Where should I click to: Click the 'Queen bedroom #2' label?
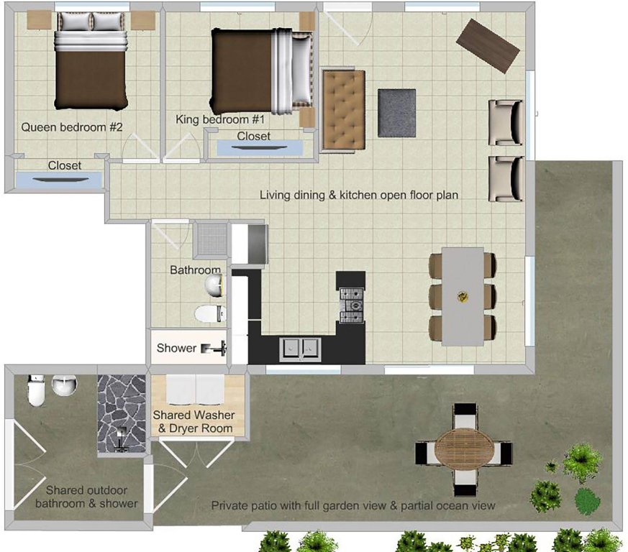[x=72, y=127]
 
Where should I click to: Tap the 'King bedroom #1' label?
[x=220, y=119]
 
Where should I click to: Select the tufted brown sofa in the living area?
[x=344, y=111]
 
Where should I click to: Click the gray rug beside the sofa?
[x=397, y=114]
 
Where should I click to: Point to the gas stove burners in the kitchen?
[x=352, y=305]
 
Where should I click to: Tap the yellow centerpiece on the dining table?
[x=463, y=297]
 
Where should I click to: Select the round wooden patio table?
[x=460, y=449]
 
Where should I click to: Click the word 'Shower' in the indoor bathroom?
[x=177, y=348]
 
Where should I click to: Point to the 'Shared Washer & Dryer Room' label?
[x=194, y=421]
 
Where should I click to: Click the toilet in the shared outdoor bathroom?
[x=36, y=390]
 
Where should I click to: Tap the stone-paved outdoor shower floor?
[x=122, y=414]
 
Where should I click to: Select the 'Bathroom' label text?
[x=196, y=270]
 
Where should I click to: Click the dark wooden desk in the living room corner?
[x=488, y=45]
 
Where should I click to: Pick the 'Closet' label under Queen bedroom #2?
[x=65, y=165]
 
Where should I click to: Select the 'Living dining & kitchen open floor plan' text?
[x=359, y=195]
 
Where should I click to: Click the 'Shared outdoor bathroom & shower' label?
[x=86, y=497]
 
